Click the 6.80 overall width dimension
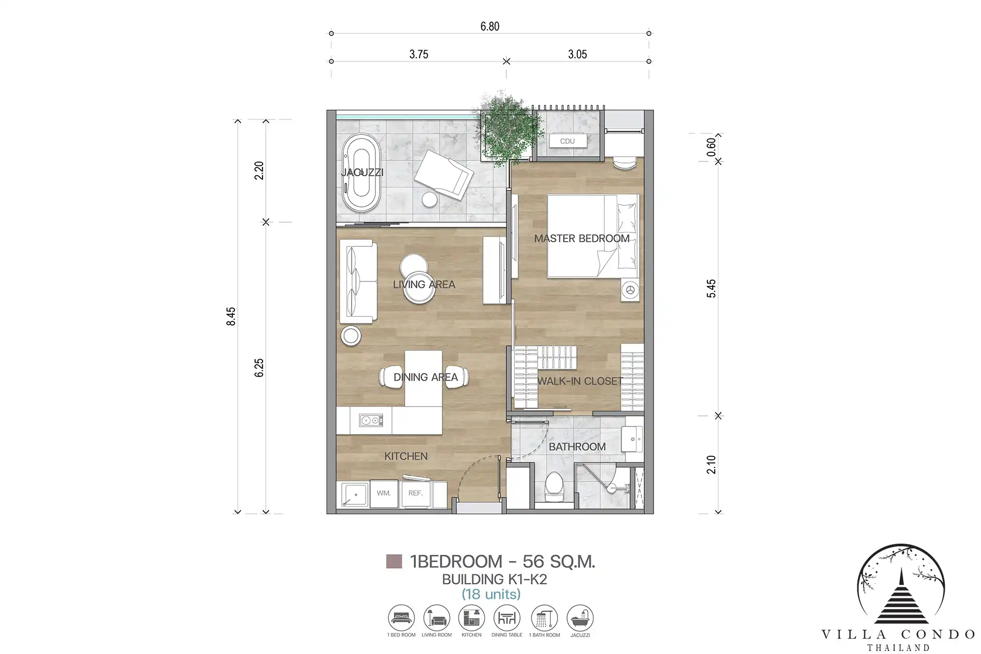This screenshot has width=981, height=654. tap(489, 26)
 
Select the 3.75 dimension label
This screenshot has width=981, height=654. tap(418, 54)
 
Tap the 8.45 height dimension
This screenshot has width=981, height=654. tap(231, 316)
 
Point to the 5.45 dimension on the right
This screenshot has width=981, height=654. tap(711, 289)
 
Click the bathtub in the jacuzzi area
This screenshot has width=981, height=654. tap(361, 173)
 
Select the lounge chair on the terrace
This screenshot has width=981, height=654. tap(443, 175)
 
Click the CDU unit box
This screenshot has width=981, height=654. tap(567, 141)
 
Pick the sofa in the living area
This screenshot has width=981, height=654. tap(358, 282)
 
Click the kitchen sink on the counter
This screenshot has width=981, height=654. tap(371, 421)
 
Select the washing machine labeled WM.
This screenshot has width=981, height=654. tap(384, 494)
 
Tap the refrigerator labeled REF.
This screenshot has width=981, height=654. tap(416, 493)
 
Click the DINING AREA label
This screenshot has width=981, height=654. tap(426, 377)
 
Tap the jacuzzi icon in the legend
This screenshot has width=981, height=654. tap(580, 618)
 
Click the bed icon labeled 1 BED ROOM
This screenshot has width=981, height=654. tap(402, 618)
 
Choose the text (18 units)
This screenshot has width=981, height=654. tap(491, 594)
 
